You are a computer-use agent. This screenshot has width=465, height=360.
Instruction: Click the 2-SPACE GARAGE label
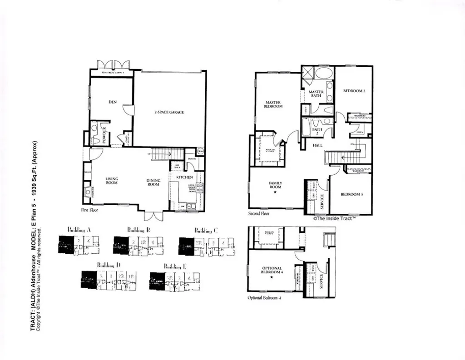click(169, 112)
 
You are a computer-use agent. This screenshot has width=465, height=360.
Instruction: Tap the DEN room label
click(113, 102)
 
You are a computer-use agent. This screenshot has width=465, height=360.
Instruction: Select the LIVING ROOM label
click(112, 181)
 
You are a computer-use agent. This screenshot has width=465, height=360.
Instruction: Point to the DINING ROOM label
click(153, 182)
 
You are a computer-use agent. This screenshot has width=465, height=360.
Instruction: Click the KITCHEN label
click(185, 177)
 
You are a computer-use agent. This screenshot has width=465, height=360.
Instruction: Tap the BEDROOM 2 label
click(354, 91)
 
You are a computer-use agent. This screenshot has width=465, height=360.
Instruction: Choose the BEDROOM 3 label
click(352, 194)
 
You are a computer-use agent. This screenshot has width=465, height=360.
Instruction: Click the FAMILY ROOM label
click(275, 185)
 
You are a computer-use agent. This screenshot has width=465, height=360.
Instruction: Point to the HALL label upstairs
click(317, 145)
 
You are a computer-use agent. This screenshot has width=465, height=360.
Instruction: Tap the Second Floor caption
click(259, 213)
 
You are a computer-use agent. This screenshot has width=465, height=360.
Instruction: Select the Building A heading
click(79, 230)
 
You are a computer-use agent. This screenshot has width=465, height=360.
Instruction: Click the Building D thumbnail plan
click(109, 280)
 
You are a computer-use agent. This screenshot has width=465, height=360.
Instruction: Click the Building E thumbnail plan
click(175, 281)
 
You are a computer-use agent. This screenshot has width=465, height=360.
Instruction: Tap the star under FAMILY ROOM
click(275, 192)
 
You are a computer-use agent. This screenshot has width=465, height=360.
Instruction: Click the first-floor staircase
click(167, 154)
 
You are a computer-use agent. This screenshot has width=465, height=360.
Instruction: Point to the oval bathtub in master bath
click(323, 73)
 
